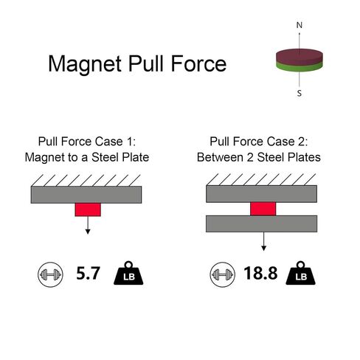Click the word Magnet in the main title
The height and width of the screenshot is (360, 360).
[x=85, y=64]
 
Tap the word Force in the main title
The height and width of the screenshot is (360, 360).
[x=198, y=63]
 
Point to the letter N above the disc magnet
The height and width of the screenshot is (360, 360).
[x=300, y=25]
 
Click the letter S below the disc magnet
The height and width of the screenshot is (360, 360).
[x=300, y=94]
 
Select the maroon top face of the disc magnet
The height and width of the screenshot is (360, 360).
[x=300, y=55]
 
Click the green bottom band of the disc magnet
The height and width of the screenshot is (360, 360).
[x=300, y=67]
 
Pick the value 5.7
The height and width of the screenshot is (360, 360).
[x=88, y=273]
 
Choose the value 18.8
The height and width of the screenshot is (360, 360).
[x=260, y=273]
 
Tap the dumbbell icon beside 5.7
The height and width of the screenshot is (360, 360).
[x=50, y=274]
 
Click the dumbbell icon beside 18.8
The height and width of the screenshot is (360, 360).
[x=222, y=274]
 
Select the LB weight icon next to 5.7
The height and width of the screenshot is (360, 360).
[x=128, y=274]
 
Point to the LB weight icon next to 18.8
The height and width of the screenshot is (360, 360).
[x=300, y=274]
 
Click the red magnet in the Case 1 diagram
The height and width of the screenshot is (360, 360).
[x=88, y=210]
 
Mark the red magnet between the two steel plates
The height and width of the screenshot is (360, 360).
[x=263, y=209]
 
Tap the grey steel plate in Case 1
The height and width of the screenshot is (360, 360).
[x=86, y=195]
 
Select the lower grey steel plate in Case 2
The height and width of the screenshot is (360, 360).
[x=261, y=224]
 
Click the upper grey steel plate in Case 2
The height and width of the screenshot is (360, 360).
[x=261, y=194]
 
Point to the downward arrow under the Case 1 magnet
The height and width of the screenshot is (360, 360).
[x=88, y=225]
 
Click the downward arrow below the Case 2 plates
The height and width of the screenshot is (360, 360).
[x=263, y=241]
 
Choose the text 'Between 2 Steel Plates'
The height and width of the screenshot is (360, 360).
[x=259, y=157]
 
